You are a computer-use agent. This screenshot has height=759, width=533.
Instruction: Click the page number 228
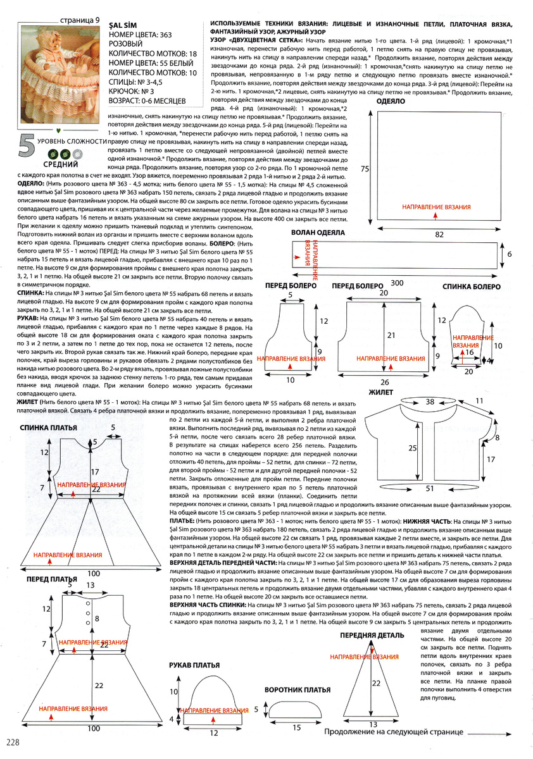(x=15, y=741)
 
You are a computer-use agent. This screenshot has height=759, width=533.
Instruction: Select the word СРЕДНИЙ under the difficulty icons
(x=60, y=164)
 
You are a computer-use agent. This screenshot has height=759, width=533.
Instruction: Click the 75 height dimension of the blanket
(x=364, y=170)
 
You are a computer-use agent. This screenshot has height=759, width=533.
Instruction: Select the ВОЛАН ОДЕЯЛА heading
(x=318, y=233)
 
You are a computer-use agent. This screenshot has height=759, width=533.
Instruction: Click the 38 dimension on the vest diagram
(x=429, y=401)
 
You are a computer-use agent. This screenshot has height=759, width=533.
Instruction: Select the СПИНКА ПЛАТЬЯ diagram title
(x=49, y=428)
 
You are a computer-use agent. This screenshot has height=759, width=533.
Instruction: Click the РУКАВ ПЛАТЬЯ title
(x=194, y=665)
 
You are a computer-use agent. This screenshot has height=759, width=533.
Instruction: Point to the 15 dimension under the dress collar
(x=296, y=728)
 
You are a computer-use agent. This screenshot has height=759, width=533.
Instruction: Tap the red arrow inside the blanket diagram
(x=436, y=216)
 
